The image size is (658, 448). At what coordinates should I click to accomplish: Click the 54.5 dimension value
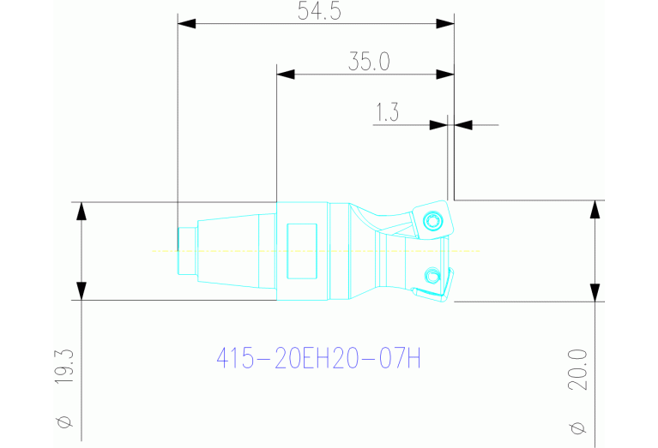click(x=314, y=11)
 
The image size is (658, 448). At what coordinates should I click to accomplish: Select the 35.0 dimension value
click(x=369, y=62)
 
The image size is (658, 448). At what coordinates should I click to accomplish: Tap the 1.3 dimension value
click(x=387, y=112)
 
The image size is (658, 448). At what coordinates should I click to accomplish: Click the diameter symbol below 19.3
click(x=64, y=421)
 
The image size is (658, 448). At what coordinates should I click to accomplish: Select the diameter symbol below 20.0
click(x=577, y=426)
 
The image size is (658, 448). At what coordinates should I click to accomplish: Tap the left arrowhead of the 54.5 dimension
click(x=186, y=24)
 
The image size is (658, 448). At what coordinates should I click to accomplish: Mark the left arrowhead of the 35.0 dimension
click(x=286, y=75)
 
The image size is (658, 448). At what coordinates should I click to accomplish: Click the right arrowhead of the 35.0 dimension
click(x=444, y=75)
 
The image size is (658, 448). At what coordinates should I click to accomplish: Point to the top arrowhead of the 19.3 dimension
click(x=81, y=211)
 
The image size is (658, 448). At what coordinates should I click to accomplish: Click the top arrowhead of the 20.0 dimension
click(x=595, y=210)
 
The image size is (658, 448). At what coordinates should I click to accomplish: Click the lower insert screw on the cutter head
click(x=432, y=275)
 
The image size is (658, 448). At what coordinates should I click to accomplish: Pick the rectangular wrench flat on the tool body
click(x=302, y=251)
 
